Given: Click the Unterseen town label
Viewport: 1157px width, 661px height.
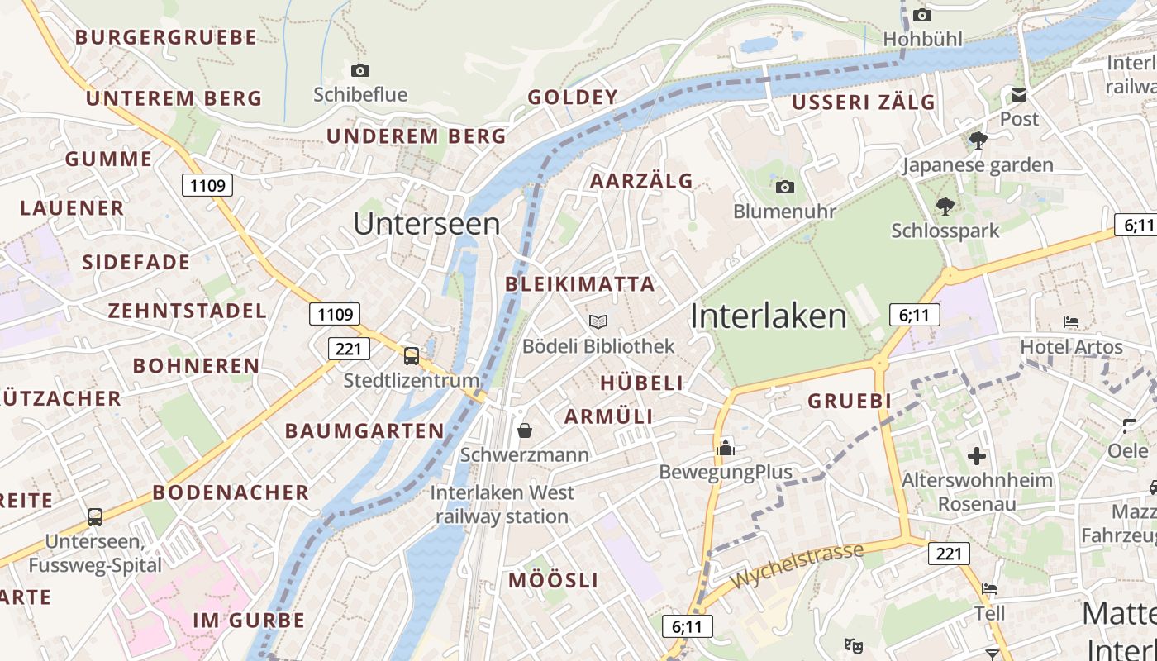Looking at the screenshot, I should coord(426,224).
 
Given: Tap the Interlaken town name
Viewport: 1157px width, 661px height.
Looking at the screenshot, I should coord(769,316).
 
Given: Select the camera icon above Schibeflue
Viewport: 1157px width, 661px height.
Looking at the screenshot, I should coord(359,71).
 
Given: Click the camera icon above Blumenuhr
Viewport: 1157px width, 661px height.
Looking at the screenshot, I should coord(785,188).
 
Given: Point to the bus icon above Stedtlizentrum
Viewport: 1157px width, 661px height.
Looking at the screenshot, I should coord(411,356).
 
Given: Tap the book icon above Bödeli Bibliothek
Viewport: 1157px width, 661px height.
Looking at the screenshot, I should coord(598,321).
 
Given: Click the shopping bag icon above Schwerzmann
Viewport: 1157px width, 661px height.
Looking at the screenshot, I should coord(524,430).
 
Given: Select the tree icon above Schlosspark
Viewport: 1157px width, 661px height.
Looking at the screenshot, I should coord(945,207).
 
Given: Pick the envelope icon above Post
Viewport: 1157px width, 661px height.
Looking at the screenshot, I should coord(1019,95).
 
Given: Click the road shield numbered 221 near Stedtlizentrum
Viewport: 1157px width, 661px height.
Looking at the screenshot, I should coord(349,349).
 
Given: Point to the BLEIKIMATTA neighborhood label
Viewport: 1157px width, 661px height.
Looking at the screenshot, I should coord(580,284).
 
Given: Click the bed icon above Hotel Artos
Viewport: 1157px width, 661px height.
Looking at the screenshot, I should coord(1071,322).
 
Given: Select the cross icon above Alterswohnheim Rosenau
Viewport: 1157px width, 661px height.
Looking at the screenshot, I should coord(977,455).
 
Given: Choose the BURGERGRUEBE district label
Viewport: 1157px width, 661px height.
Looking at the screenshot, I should coord(166,37).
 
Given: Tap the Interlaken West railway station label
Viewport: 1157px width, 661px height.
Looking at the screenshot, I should coord(502,505).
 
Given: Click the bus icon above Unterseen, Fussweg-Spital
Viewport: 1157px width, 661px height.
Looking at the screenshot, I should coord(95,517).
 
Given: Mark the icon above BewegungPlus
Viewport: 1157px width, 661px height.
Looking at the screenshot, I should coord(725,448).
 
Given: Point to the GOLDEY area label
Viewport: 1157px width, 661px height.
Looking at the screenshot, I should coord(573,97).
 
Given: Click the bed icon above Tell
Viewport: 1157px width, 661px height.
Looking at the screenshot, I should coord(989,589).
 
